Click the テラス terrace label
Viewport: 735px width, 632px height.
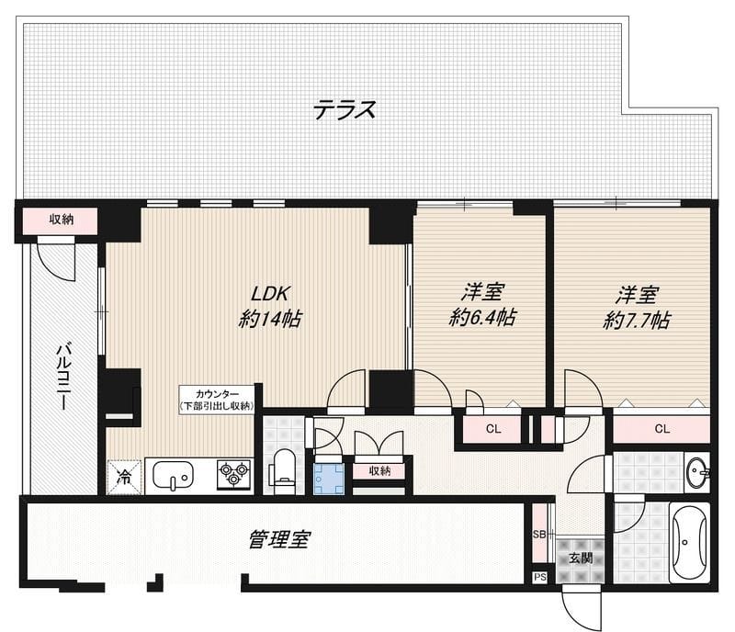[x=345, y=110]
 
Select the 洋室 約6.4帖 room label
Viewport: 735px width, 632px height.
[x=482, y=306]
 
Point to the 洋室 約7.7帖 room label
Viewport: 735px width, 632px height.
[x=637, y=308]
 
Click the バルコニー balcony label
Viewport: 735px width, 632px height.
[x=63, y=377]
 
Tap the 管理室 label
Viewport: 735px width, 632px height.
[x=277, y=539]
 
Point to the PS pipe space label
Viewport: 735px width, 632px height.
[x=539, y=578]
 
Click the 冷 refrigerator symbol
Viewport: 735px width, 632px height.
[x=123, y=476]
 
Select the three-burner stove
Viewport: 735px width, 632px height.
[x=233, y=474]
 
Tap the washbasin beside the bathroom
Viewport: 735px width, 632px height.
[x=697, y=473]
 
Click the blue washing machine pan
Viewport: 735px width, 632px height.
[x=328, y=478]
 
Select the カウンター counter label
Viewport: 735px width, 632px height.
[x=217, y=398]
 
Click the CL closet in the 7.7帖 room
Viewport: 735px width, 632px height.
[x=662, y=428]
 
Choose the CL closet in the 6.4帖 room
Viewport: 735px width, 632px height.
[x=493, y=428]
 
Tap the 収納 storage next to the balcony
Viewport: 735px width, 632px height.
[x=61, y=220]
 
